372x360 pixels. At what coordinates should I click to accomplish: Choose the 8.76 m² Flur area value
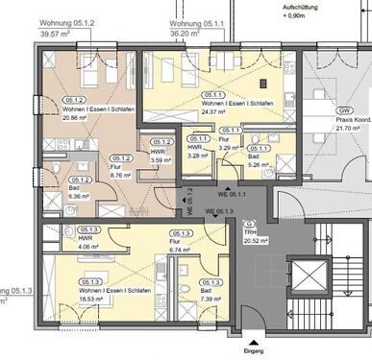(x=120, y=177)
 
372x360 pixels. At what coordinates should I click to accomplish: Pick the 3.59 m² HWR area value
(x=161, y=160)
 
